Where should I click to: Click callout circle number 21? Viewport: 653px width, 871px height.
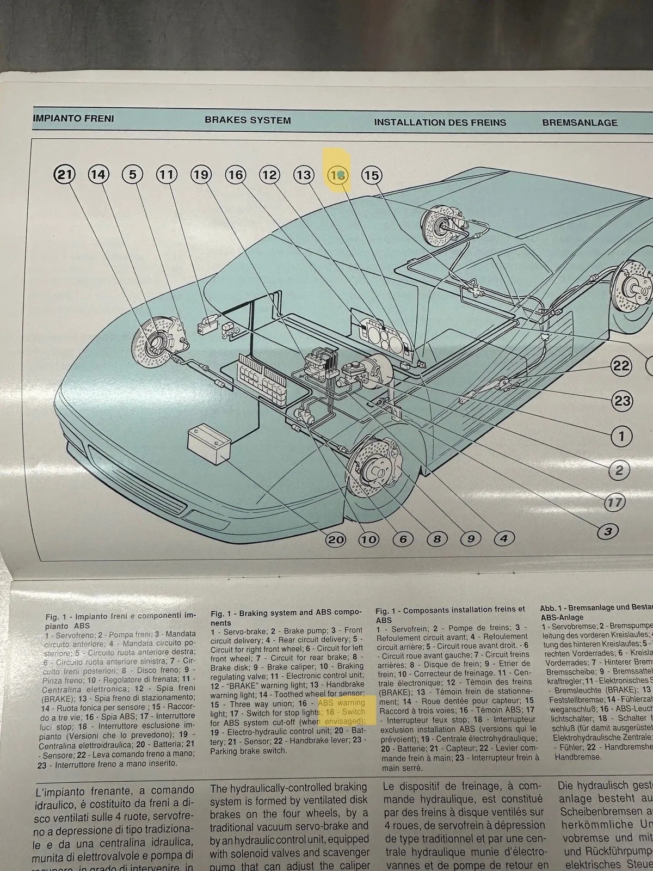pos(65,175)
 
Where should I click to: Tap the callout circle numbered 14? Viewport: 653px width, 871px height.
pos(99,175)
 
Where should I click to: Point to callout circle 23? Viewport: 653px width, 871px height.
pos(622,401)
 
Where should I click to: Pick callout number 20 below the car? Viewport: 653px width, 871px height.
pos(336,539)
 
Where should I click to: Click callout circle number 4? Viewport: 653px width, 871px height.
pos(504,539)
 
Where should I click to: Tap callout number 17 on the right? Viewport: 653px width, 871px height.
pos(614,502)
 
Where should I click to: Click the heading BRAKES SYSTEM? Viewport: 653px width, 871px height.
pos(248,120)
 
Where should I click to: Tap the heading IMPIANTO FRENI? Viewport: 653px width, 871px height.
pos(73,118)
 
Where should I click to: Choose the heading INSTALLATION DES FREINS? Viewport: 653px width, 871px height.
pos(440,122)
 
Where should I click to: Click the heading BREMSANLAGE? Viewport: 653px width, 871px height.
pos(580,123)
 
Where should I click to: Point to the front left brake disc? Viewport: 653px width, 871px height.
pos(374,470)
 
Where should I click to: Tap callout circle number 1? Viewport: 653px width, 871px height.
pos(621,436)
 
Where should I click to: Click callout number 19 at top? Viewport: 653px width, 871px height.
pos(201,175)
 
